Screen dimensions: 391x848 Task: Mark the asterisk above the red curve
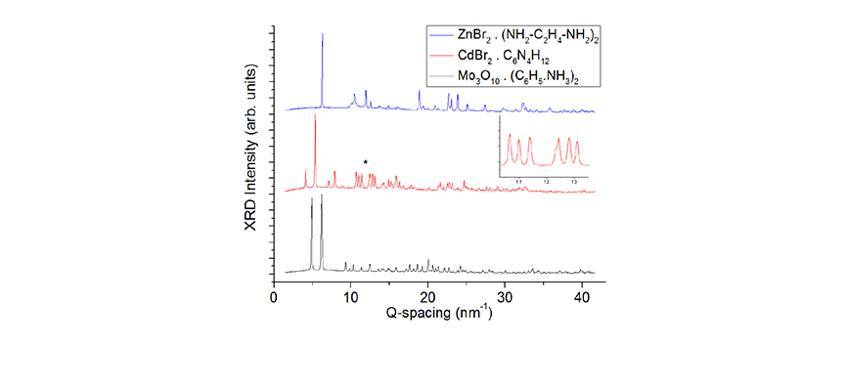pyautogui.click(x=366, y=162)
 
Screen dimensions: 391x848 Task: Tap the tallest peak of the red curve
pyautogui.click(x=315, y=117)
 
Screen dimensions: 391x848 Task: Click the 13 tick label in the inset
pyautogui.click(x=574, y=182)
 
